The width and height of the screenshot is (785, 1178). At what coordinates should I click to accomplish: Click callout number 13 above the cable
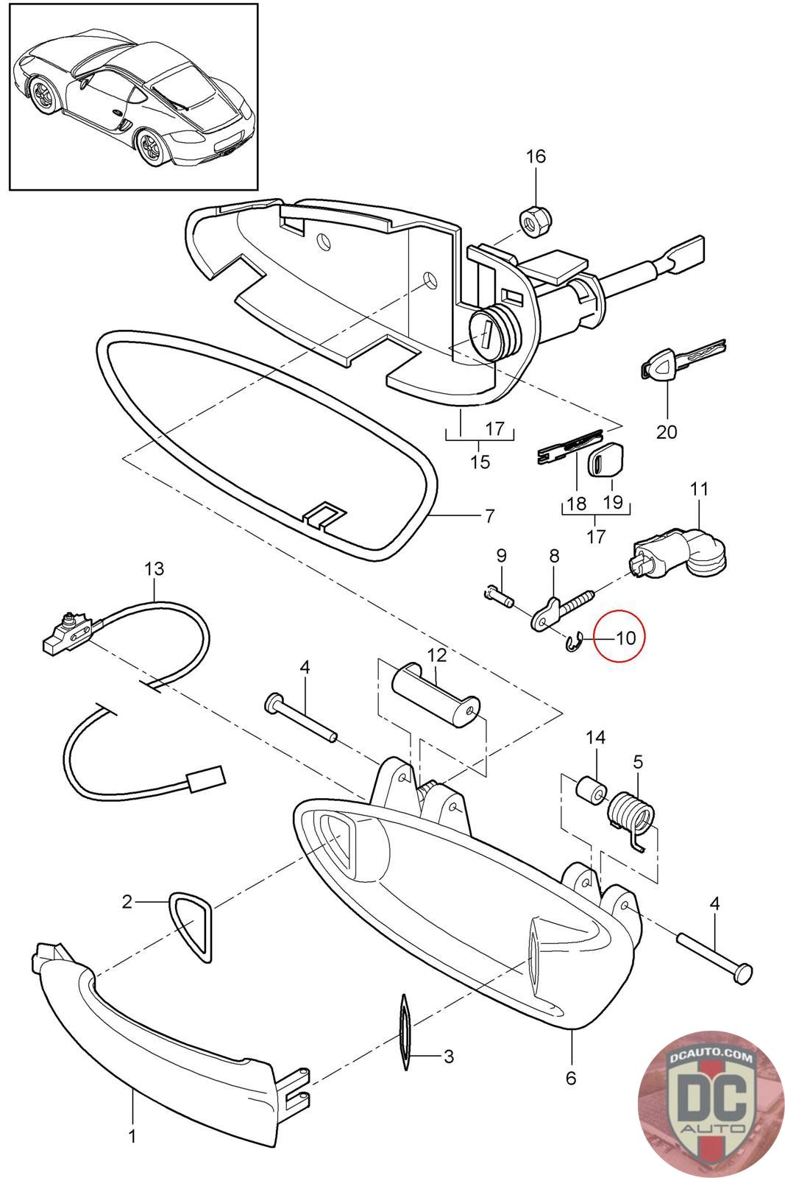154,569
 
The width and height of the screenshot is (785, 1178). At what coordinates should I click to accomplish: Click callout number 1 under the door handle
132,1136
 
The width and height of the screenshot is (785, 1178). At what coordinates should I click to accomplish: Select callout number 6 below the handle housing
571,1078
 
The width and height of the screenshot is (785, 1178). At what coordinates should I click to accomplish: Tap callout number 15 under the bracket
480,462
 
